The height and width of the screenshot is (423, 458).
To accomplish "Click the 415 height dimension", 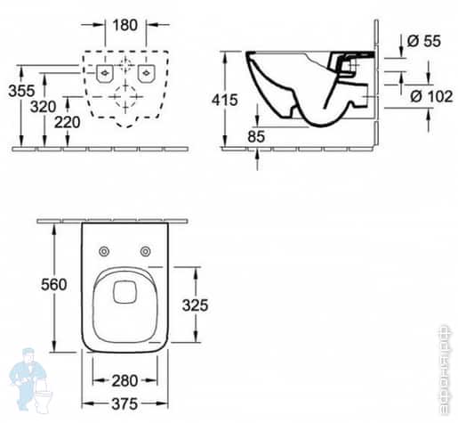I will click(226, 100).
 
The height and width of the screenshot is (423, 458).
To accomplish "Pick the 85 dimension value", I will click(257, 137).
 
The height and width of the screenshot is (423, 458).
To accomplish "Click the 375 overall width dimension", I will click(125, 403).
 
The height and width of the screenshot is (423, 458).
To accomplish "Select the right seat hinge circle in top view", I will click(144, 250).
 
